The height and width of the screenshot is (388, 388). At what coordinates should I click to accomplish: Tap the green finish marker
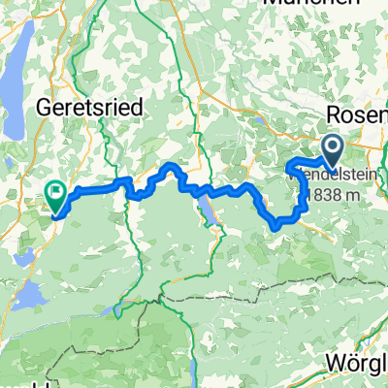[x=55, y=198]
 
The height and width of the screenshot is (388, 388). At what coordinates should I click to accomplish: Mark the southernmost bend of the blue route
[x=277, y=226]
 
